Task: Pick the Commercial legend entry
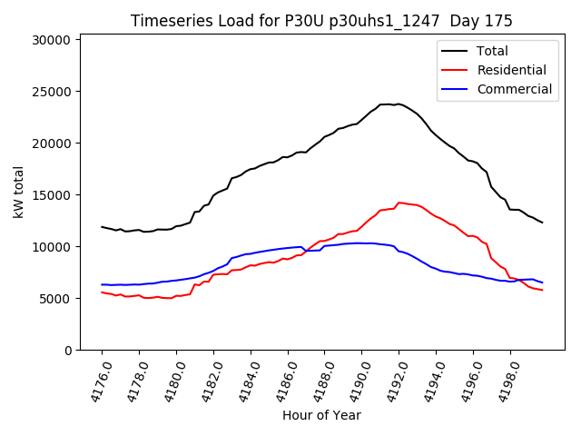point(514,89)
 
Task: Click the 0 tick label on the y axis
point(68,351)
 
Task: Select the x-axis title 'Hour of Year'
point(321,415)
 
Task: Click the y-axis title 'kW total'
point(18,192)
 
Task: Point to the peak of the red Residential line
point(399,203)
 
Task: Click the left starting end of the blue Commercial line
point(102,284)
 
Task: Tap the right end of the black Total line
point(542,223)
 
